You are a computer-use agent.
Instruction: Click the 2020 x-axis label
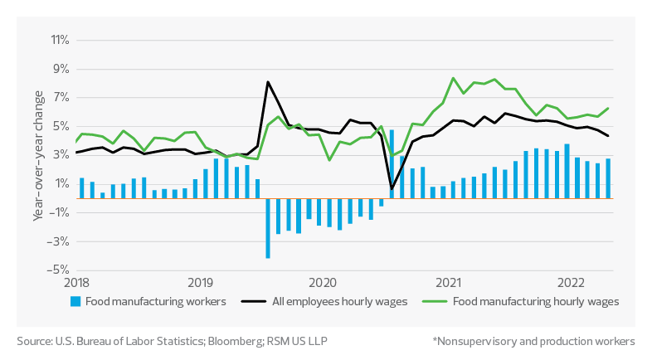coord(322,281)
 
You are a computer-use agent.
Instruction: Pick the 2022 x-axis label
coord(572,281)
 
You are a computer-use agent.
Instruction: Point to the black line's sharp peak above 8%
coord(268,81)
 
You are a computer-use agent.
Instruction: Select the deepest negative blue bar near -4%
coord(268,229)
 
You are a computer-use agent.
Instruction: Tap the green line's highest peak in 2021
coord(453,78)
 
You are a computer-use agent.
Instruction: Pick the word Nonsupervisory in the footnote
coord(479,341)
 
